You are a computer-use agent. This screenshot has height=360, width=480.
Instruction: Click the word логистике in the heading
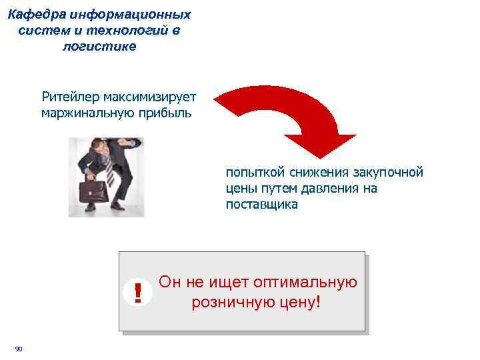[x=99, y=47]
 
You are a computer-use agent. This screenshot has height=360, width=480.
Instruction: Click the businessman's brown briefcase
[x=93, y=192]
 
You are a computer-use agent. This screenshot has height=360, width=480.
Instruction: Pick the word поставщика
[x=261, y=205]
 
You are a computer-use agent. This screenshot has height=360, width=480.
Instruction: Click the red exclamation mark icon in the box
[x=138, y=293]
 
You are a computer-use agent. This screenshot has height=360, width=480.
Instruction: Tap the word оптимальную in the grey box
[x=313, y=283]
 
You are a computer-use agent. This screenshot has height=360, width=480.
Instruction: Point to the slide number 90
[x=19, y=349]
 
